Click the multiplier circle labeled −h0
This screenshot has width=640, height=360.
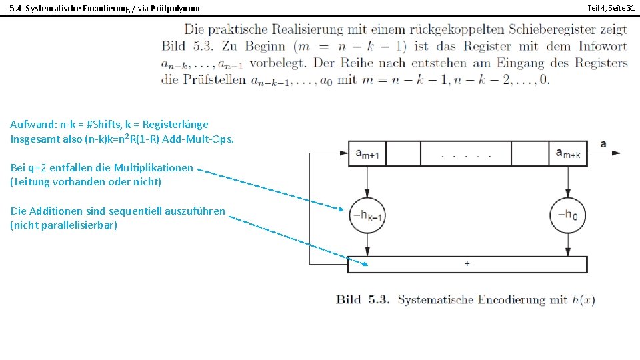[x=567, y=215]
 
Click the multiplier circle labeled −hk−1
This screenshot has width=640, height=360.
[x=367, y=215]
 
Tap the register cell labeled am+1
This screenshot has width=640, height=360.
[x=367, y=153]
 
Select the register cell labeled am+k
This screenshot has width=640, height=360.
[x=567, y=153]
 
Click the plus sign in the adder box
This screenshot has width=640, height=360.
[x=467, y=264]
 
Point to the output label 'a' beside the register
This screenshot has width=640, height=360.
[x=603, y=143]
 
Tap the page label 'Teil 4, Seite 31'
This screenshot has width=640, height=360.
[x=611, y=7]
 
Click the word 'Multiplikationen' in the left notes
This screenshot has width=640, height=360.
[x=153, y=167]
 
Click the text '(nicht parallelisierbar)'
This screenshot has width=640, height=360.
[x=64, y=225]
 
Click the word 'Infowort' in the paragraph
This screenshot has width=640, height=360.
[x=604, y=47]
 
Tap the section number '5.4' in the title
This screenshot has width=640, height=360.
[x=15, y=8]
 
